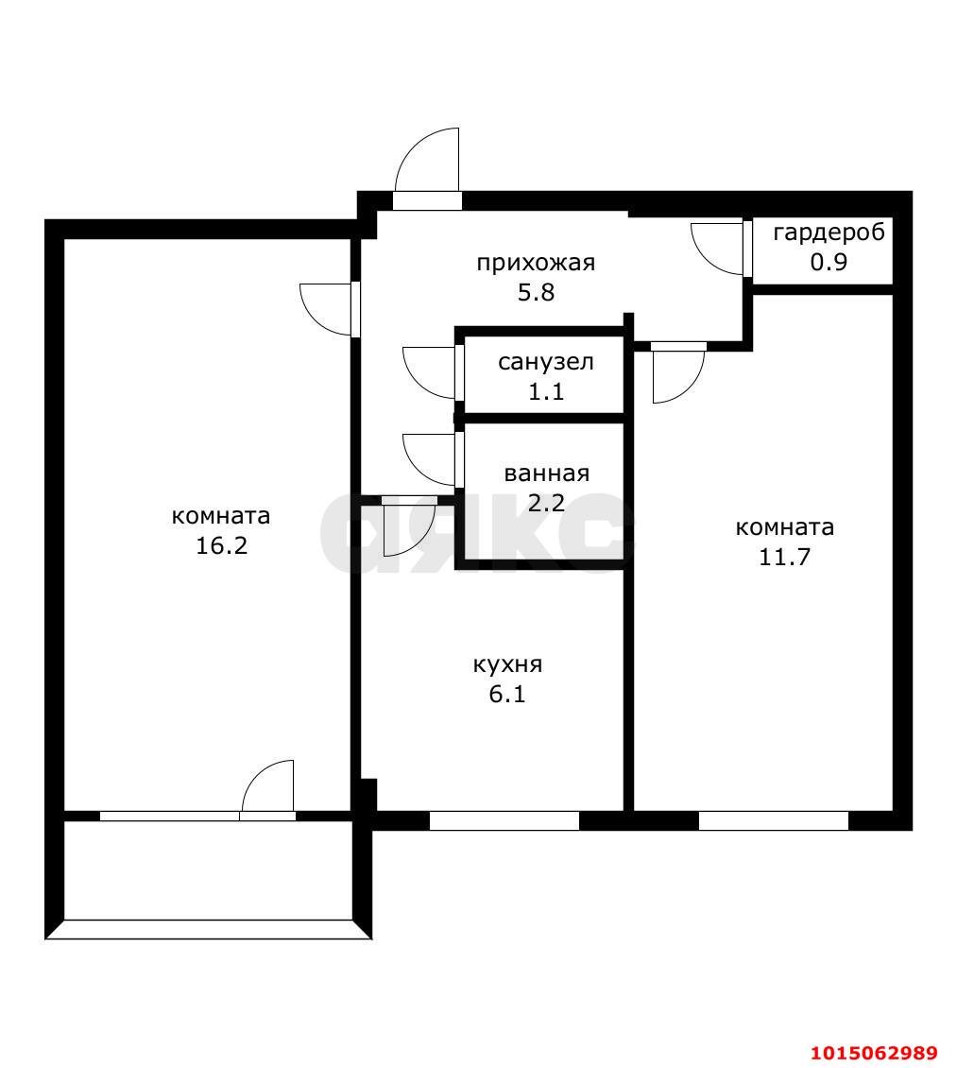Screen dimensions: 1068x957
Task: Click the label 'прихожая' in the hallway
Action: [x=535, y=263]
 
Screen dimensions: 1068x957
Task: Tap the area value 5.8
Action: [x=535, y=292]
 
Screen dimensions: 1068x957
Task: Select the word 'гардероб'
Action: [x=829, y=233]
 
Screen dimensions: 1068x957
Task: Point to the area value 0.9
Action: [x=829, y=262]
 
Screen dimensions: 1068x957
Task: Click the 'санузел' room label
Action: [x=545, y=362]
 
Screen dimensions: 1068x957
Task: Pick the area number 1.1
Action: [x=545, y=391]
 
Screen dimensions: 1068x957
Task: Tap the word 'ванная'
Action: [x=546, y=474]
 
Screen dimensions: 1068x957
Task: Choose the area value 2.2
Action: [x=546, y=503]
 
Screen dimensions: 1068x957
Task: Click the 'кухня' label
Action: [x=507, y=664]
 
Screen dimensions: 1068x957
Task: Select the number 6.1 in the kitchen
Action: [x=507, y=695]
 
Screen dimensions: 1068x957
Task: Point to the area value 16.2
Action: [x=221, y=545]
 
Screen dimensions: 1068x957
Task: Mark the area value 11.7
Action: [x=785, y=556]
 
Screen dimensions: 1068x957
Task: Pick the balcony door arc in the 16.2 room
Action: [x=266, y=784]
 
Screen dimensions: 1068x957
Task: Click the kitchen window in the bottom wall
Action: [x=504, y=820]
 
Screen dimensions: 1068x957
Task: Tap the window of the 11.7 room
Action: [x=773, y=820]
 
